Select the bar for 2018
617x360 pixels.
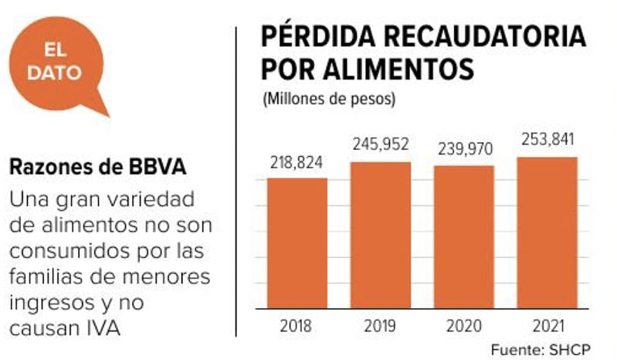(x=297, y=243)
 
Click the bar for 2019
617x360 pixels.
(x=381, y=235)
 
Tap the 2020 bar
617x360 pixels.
(x=463, y=236)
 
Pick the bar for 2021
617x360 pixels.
(x=547, y=233)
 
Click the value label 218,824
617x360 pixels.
(x=297, y=164)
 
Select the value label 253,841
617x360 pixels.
(x=547, y=141)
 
